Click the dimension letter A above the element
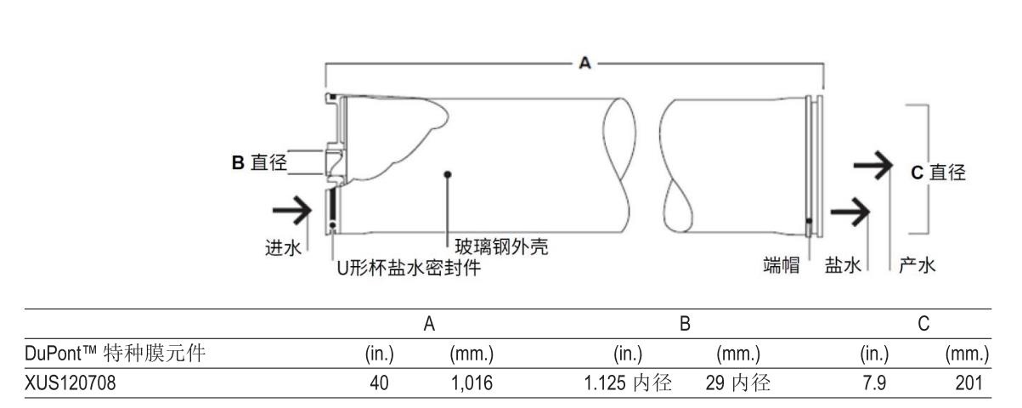[x=584, y=65]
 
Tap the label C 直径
[x=938, y=172]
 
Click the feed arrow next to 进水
[x=290, y=206]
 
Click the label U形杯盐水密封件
[x=406, y=269]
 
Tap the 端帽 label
[x=783, y=266]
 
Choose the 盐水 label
[x=838, y=266]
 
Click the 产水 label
[x=918, y=266]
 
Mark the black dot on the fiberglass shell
[x=448, y=174]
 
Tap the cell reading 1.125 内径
[x=626, y=384]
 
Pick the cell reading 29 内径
[x=737, y=384]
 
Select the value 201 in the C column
[x=972, y=384]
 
